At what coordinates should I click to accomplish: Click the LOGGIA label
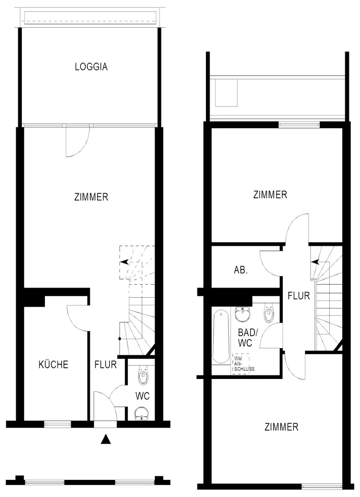pos(91,67)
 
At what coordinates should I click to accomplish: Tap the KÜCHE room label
pos(54,364)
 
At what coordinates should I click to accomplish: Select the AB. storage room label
pos(241,270)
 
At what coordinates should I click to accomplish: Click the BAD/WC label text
pos(248,337)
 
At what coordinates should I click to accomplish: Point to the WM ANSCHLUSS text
pos(244,364)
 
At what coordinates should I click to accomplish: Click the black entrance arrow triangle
pos(106,439)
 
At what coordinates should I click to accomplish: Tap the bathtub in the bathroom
pos(221,337)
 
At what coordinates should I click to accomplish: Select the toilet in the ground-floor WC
pos(143,375)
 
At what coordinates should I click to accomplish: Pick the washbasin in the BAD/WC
pos(243,314)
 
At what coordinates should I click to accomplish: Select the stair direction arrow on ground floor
pos(124,262)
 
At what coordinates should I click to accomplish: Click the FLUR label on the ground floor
pos(106,364)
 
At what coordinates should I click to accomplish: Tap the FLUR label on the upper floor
pos(298,296)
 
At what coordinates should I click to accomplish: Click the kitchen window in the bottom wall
pos(58,424)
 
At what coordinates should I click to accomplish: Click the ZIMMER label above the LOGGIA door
pos(91,197)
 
